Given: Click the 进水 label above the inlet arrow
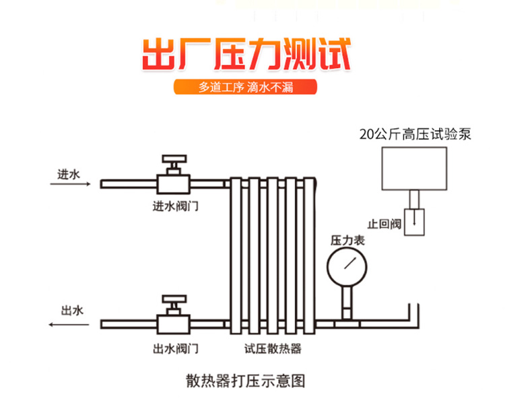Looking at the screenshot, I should coord(68,175).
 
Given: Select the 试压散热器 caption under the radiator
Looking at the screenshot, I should coord(272,349).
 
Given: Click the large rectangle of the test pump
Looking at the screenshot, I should coord(414,168).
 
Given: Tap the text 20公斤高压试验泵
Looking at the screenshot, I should coord(415,134).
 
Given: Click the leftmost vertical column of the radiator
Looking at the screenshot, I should coord(237,256).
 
